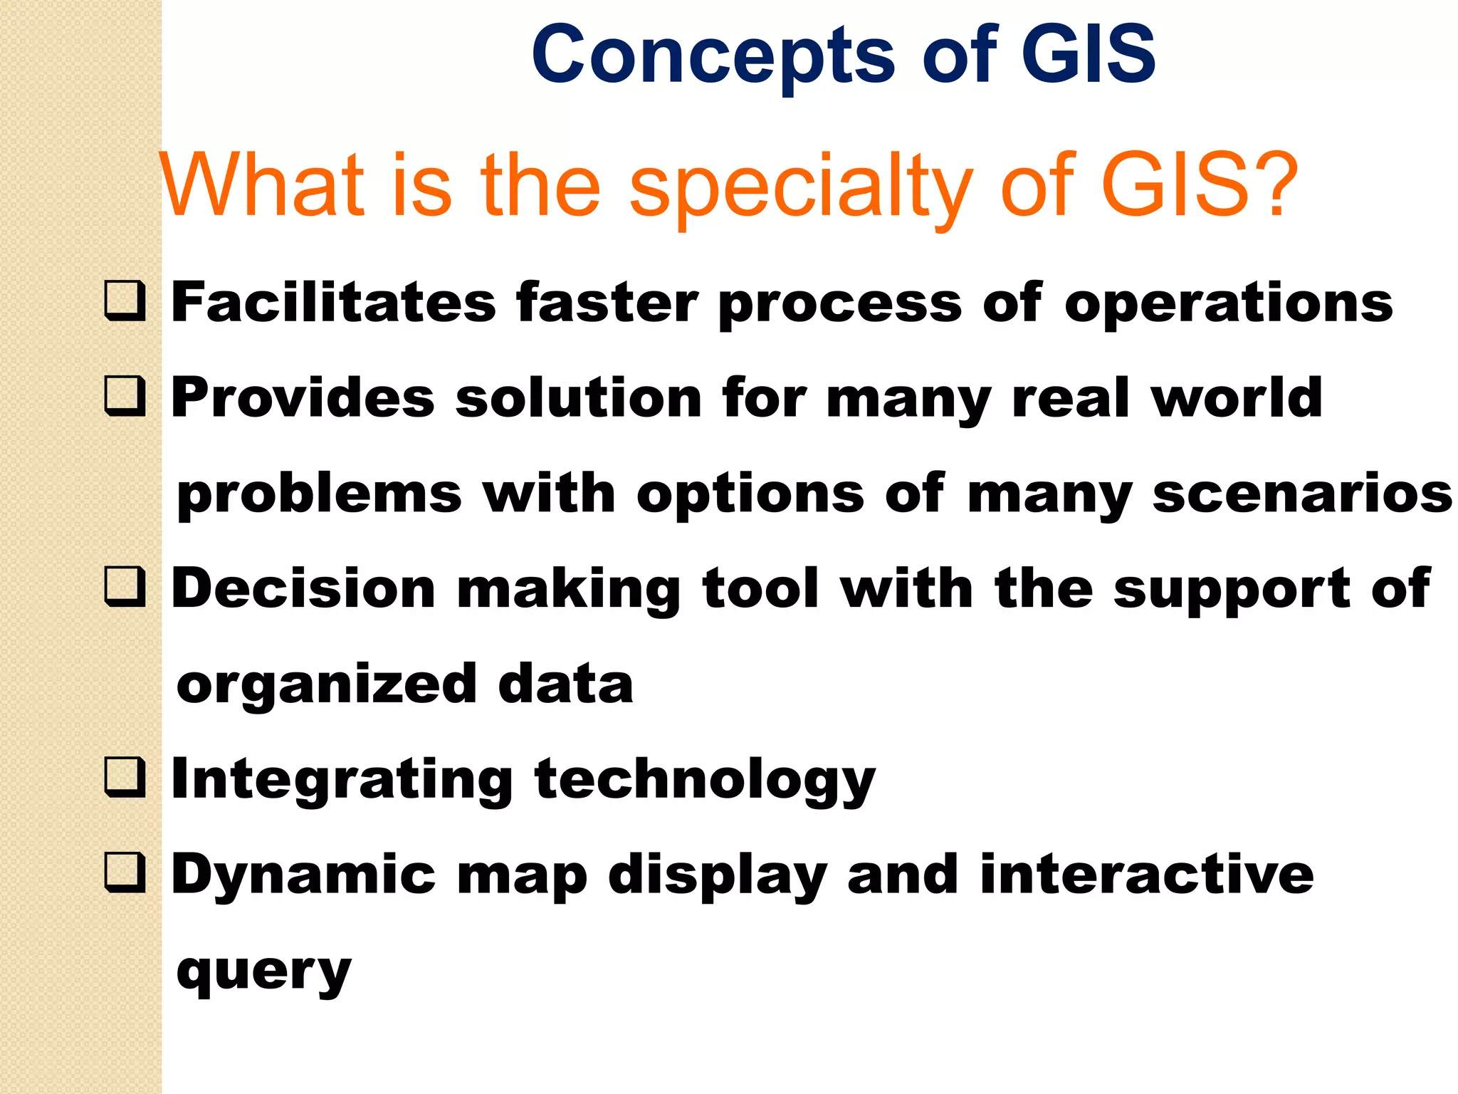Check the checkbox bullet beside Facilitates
click(125, 301)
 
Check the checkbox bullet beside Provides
click(125, 397)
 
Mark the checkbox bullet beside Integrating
click(125, 778)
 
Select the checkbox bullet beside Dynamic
click(125, 873)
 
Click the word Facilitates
click(333, 302)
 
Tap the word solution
click(578, 397)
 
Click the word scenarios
click(1302, 494)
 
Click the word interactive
click(1146, 874)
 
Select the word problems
click(319, 494)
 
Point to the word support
click(1231, 590)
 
